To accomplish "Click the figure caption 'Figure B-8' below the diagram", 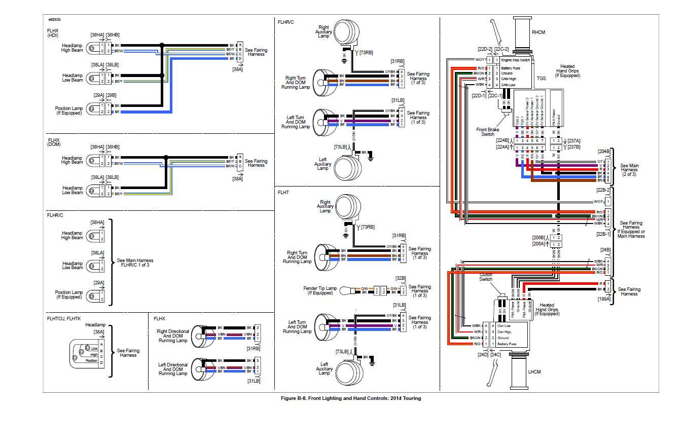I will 350,398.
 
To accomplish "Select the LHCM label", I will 534,372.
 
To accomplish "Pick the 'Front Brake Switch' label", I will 488,132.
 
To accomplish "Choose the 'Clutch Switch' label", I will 486,277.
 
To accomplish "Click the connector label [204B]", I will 604,151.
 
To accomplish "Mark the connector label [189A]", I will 604,300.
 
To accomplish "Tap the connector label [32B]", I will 400,278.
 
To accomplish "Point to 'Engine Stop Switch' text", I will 516,60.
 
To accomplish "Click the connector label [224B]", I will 504,140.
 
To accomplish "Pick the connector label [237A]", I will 574,140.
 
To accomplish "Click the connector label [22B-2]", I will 603,190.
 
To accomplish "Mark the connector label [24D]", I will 482,355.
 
